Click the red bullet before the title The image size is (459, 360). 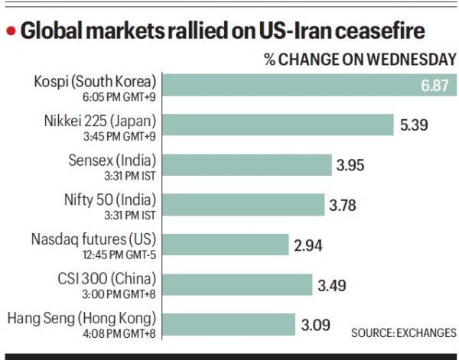(11, 31)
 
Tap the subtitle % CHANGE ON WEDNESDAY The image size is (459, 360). (360, 59)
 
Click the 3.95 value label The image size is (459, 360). (354, 164)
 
